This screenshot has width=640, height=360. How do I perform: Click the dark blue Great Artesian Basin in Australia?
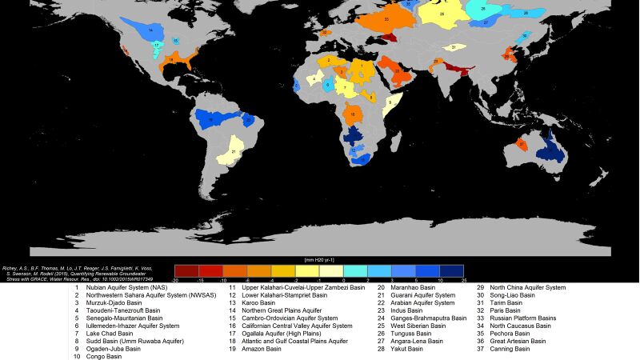[549, 147]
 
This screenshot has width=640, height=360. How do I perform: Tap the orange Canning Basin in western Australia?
[522, 145]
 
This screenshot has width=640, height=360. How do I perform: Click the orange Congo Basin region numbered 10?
[354, 114]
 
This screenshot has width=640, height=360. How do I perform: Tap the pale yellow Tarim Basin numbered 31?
[454, 48]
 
